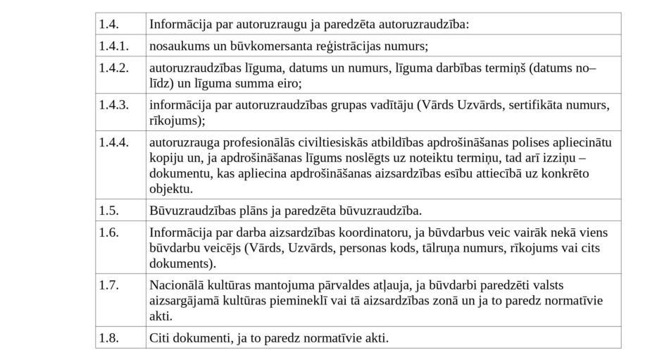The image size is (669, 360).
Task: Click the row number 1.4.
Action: pyautogui.click(x=108, y=25)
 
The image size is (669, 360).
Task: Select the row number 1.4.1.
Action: pyautogui.click(x=113, y=46)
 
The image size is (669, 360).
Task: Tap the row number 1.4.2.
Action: pyautogui.click(x=113, y=68)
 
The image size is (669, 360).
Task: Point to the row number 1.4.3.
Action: pyautogui.click(x=113, y=106)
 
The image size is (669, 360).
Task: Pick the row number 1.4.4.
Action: pyautogui.click(x=113, y=142)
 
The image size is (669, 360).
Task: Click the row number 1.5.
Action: pyautogui.click(x=108, y=210)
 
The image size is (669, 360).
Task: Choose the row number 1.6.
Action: pyautogui.click(x=108, y=232)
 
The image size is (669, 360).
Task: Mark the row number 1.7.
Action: pyautogui.click(x=108, y=285)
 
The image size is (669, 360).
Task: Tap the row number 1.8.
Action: pyautogui.click(x=108, y=337)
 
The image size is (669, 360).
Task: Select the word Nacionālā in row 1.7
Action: pyautogui.click(x=175, y=285)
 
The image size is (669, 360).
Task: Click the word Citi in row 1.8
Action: pyautogui.click(x=160, y=337)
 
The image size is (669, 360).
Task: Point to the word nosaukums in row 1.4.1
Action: pyautogui.click(x=177, y=46)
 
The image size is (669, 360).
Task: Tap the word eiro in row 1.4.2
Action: pyautogui.click(x=289, y=83)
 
